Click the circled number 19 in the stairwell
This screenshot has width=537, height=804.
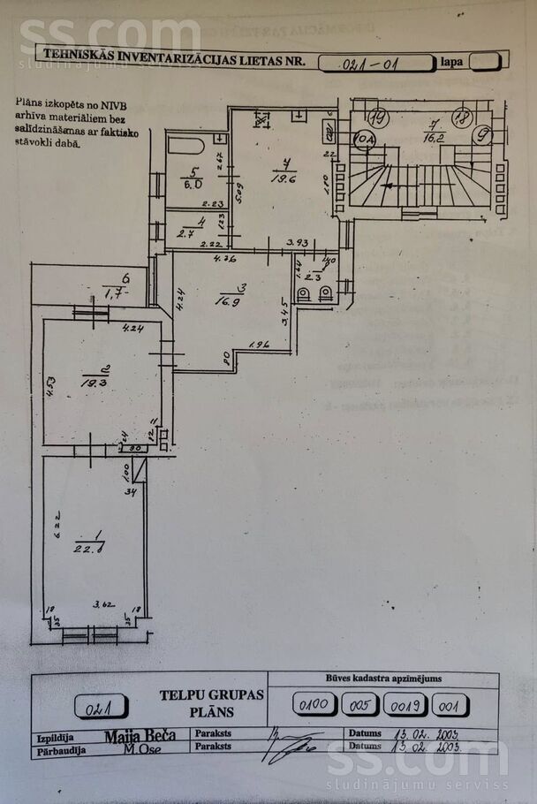pyautogui.click(x=380, y=117)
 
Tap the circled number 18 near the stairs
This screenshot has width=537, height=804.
pyautogui.click(x=460, y=117)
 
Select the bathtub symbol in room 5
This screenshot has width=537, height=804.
pyautogui.click(x=186, y=145)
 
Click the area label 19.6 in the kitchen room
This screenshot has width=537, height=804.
pyautogui.click(x=283, y=176)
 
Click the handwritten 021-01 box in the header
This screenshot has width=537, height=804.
pyautogui.click(x=375, y=62)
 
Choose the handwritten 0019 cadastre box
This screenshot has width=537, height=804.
pyautogui.click(x=406, y=705)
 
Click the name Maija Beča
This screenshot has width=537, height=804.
pyautogui.click(x=140, y=735)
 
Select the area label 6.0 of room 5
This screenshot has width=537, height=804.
pyautogui.click(x=193, y=184)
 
